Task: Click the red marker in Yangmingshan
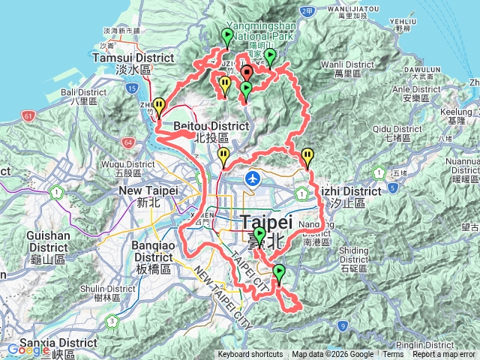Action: pyautogui.click(x=246, y=73)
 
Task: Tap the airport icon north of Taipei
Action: pyautogui.click(x=253, y=178)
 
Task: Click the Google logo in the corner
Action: pyautogui.click(x=28, y=349)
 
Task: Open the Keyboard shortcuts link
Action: pyautogui.click(x=250, y=355)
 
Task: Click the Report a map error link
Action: pyautogui.click(x=444, y=355)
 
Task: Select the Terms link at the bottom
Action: pyautogui.click(x=393, y=355)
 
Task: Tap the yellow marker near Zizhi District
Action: pyautogui.click(x=307, y=157)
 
